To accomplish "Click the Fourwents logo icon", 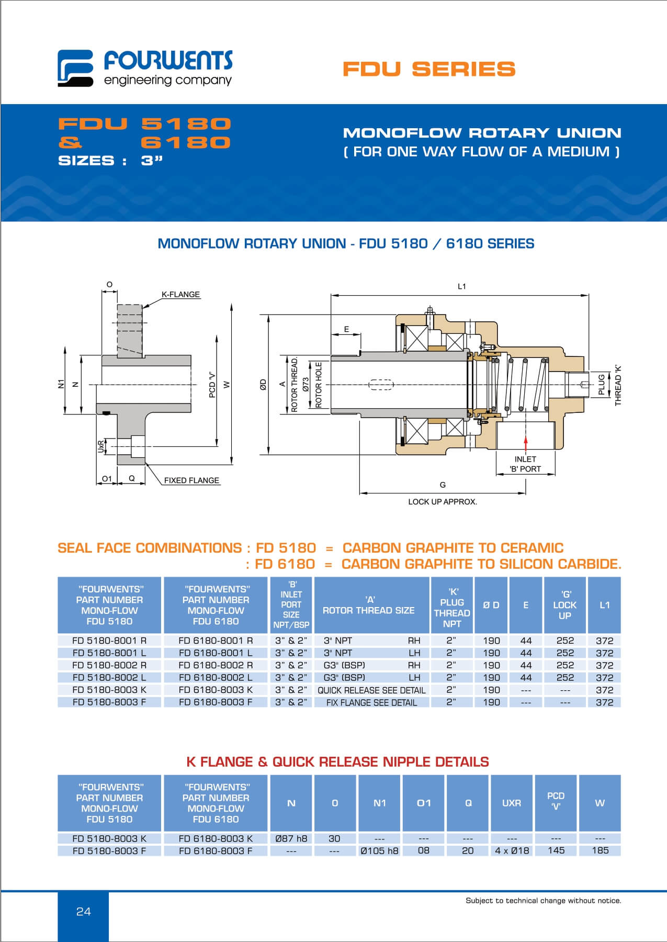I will [x=75, y=68].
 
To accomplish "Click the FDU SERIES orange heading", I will [x=429, y=69].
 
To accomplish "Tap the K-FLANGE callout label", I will [x=180, y=295].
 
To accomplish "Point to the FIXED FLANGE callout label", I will [x=191, y=480].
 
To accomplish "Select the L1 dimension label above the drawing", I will [x=461, y=286].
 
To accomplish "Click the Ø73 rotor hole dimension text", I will [x=306, y=386].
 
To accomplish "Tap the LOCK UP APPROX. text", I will [x=442, y=501].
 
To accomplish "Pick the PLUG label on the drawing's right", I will [x=602, y=385].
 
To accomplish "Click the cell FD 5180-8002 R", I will [x=109, y=665].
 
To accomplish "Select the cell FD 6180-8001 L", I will [x=216, y=653].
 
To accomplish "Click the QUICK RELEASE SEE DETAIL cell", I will [x=371, y=690].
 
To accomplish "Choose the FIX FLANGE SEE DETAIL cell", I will [x=371, y=702].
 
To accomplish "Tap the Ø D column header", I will [x=491, y=605].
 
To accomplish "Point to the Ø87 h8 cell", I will [x=291, y=838].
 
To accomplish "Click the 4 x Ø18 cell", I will [x=512, y=850].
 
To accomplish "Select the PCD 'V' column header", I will [x=556, y=801].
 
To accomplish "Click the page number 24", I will [x=84, y=912].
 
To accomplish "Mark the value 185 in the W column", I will [x=600, y=850].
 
